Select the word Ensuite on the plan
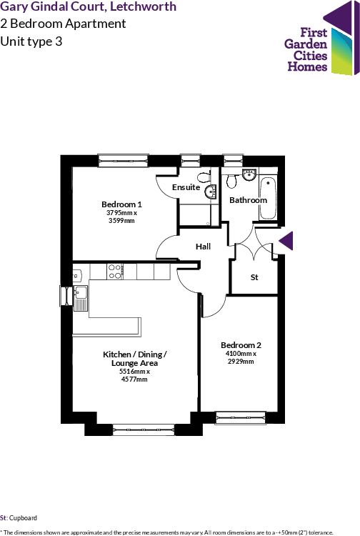click(x=186, y=187)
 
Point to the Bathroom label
click(x=248, y=200)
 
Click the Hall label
click(x=204, y=247)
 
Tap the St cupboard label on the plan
click(x=254, y=277)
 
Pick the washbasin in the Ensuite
click(x=211, y=192)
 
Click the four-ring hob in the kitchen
click(x=115, y=272)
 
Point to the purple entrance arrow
click(x=286, y=242)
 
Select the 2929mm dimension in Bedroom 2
click(x=241, y=361)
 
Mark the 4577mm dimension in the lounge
click(x=134, y=379)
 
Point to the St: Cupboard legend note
click(x=19, y=517)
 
